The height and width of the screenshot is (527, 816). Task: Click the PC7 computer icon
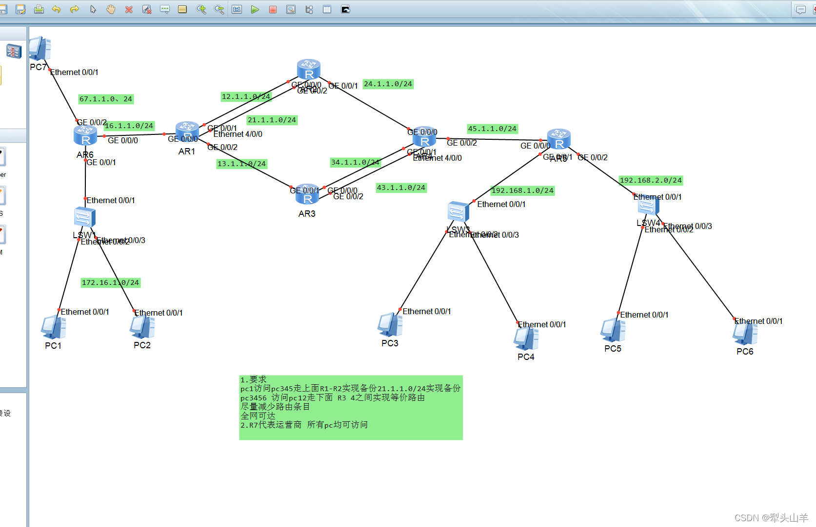(x=40, y=49)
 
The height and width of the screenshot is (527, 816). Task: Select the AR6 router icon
(x=85, y=135)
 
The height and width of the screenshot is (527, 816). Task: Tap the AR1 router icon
(x=187, y=132)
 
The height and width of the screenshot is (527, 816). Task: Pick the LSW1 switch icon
(x=84, y=217)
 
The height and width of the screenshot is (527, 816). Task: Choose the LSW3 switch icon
(x=458, y=211)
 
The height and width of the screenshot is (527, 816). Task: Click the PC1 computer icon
(x=54, y=327)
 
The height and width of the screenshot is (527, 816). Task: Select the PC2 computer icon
(x=142, y=327)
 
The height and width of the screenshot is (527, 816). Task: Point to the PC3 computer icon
(x=390, y=324)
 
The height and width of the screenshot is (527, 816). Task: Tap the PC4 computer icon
(x=526, y=339)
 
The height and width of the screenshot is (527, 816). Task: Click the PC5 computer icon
(x=613, y=330)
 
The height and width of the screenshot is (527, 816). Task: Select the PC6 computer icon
(x=745, y=334)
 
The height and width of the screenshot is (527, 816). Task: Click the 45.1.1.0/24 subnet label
(x=492, y=129)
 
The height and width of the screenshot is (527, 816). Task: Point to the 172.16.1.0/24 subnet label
(x=111, y=282)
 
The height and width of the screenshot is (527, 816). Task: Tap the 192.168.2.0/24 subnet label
(x=651, y=181)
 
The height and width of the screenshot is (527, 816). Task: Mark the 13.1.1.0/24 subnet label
(x=242, y=164)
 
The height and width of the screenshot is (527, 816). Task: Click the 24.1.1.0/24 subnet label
(x=388, y=84)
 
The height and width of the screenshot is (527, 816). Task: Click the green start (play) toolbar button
(x=255, y=9)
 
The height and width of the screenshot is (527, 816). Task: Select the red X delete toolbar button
(x=129, y=9)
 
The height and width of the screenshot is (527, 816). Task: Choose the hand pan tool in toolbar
(x=111, y=9)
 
